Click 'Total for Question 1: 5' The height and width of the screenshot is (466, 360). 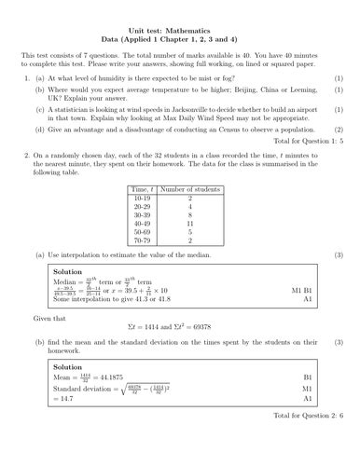(312, 140)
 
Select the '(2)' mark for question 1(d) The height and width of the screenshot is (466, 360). (339, 130)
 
